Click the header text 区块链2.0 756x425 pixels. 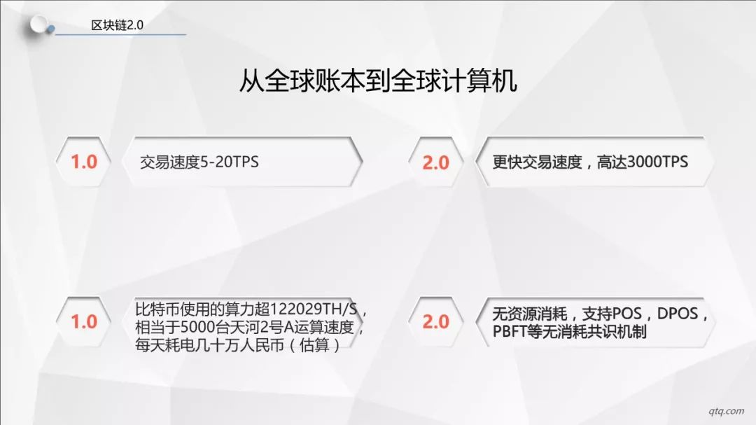[x=117, y=25]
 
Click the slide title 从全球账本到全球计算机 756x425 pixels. [x=379, y=81]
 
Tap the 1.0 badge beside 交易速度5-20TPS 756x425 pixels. [x=84, y=162]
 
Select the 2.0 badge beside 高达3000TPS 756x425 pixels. [x=436, y=162]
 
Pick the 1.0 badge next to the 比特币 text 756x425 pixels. [x=84, y=322]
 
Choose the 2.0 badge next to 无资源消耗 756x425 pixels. [x=436, y=322]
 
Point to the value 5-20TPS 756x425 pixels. [x=230, y=162]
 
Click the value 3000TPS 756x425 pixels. [x=658, y=162]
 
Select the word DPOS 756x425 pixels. [x=678, y=314]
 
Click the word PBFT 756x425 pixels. [x=510, y=332]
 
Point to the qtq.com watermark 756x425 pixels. [x=726, y=411]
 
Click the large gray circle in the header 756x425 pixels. [x=38, y=24]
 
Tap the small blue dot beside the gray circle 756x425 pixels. [x=50, y=29]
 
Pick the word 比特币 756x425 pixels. [x=157, y=309]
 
